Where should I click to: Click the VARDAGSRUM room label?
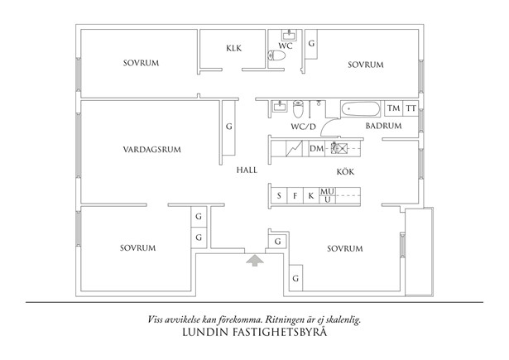[151, 150]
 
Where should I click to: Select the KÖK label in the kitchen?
[344, 172]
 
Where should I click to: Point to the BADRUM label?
[383, 126]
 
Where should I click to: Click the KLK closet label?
[233, 48]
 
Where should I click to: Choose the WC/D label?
[303, 127]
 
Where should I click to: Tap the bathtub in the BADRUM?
[362, 108]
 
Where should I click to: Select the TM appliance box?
[394, 109]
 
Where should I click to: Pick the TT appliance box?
[410, 109]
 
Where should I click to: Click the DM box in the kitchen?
[316, 149]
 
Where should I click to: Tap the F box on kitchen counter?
[295, 196]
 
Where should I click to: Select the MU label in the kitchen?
[328, 191]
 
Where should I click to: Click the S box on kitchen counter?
[280, 196]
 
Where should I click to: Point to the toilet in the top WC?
[278, 55]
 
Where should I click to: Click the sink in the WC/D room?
[279, 106]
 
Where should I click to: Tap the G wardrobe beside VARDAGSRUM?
[228, 127]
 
